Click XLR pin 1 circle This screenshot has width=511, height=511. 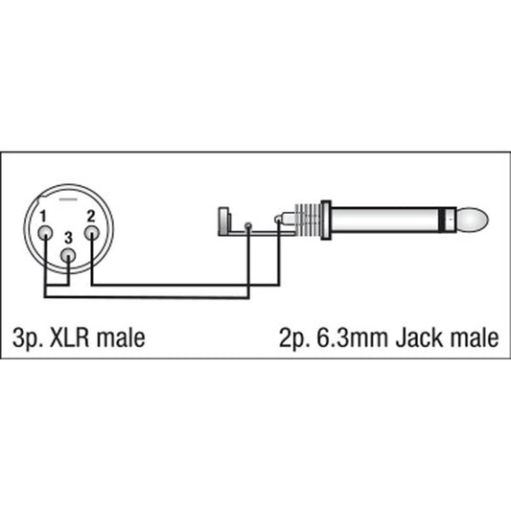(x=45, y=234)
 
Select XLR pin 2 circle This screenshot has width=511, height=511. (x=92, y=234)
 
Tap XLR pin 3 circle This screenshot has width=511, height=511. (x=68, y=256)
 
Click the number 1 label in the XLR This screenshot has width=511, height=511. (x=43, y=217)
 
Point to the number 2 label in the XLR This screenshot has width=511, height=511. (x=91, y=216)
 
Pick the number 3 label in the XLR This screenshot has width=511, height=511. (x=68, y=238)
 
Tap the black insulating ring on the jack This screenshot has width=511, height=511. (x=441, y=220)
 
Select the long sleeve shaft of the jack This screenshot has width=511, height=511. (x=384, y=220)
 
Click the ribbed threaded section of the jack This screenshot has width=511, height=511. (x=308, y=220)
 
